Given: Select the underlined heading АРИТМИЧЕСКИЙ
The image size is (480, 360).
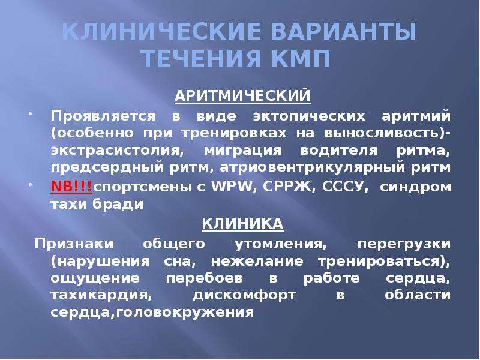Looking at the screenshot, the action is pyautogui.click(x=242, y=95).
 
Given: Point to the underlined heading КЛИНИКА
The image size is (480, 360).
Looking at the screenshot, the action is pyautogui.click(x=242, y=223).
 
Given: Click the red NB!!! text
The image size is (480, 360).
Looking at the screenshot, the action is pyautogui.click(x=71, y=186).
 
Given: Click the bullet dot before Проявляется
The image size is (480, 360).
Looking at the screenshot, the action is pyautogui.click(x=31, y=114).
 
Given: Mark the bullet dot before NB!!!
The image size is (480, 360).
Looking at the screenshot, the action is pyautogui.click(x=31, y=185).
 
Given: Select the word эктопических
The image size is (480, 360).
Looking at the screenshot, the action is pyautogui.click(x=309, y=116).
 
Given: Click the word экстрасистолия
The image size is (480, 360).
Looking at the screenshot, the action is pyautogui.click(x=117, y=151).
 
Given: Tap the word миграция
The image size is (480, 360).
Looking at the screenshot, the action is pyautogui.click(x=242, y=151).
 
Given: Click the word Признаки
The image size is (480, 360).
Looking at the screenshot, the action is pyautogui.click(x=74, y=244).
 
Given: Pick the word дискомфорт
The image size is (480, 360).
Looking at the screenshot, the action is pyautogui.click(x=245, y=295).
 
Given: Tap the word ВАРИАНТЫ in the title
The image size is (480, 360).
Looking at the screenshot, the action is pyautogui.click(x=343, y=31).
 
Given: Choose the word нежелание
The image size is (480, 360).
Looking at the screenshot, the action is pyautogui.click(x=257, y=262).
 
